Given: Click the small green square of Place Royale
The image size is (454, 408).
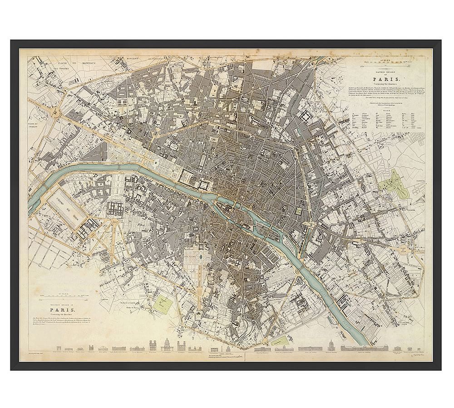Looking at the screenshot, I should (298, 210).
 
